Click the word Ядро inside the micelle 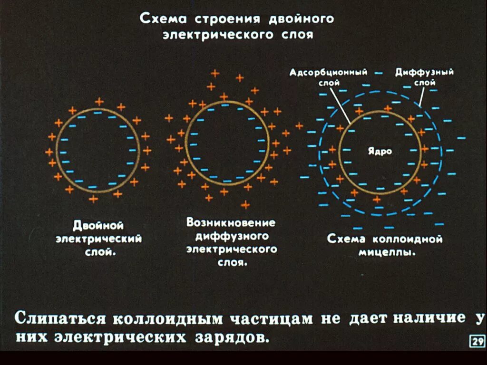pos(380,151)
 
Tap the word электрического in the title pos(219,35)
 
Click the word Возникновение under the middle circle pos(231,222)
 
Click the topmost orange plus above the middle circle pos(215,73)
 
